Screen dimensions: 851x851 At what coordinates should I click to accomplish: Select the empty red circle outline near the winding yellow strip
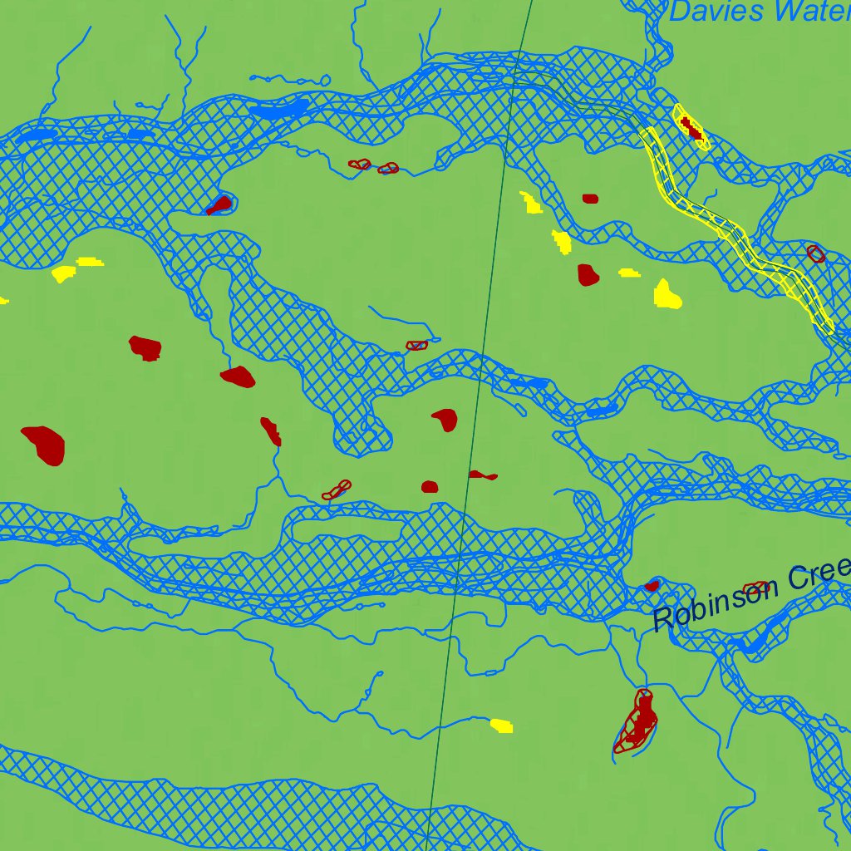(816, 253)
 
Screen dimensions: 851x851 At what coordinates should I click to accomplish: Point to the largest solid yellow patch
(667, 294)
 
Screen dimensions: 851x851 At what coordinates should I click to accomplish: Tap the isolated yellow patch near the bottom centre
(501, 726)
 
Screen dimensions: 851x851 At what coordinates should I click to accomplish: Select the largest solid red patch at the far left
(43, 445)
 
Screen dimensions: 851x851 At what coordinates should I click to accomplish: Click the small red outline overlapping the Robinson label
(755, 588)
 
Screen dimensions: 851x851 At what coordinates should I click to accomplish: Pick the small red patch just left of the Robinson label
(652, 585)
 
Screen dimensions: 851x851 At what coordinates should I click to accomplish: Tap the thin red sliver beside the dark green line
(483, 475)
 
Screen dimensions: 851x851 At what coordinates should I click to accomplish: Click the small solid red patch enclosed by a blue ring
(220, 204)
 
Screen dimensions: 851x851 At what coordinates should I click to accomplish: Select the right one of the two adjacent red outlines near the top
(388, 169)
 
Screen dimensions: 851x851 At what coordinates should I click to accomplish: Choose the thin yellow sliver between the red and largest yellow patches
(629, 272)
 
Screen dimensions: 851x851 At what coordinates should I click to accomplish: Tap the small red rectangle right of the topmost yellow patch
(590, 199)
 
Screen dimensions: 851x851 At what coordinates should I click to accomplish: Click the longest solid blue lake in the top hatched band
(278, 109)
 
